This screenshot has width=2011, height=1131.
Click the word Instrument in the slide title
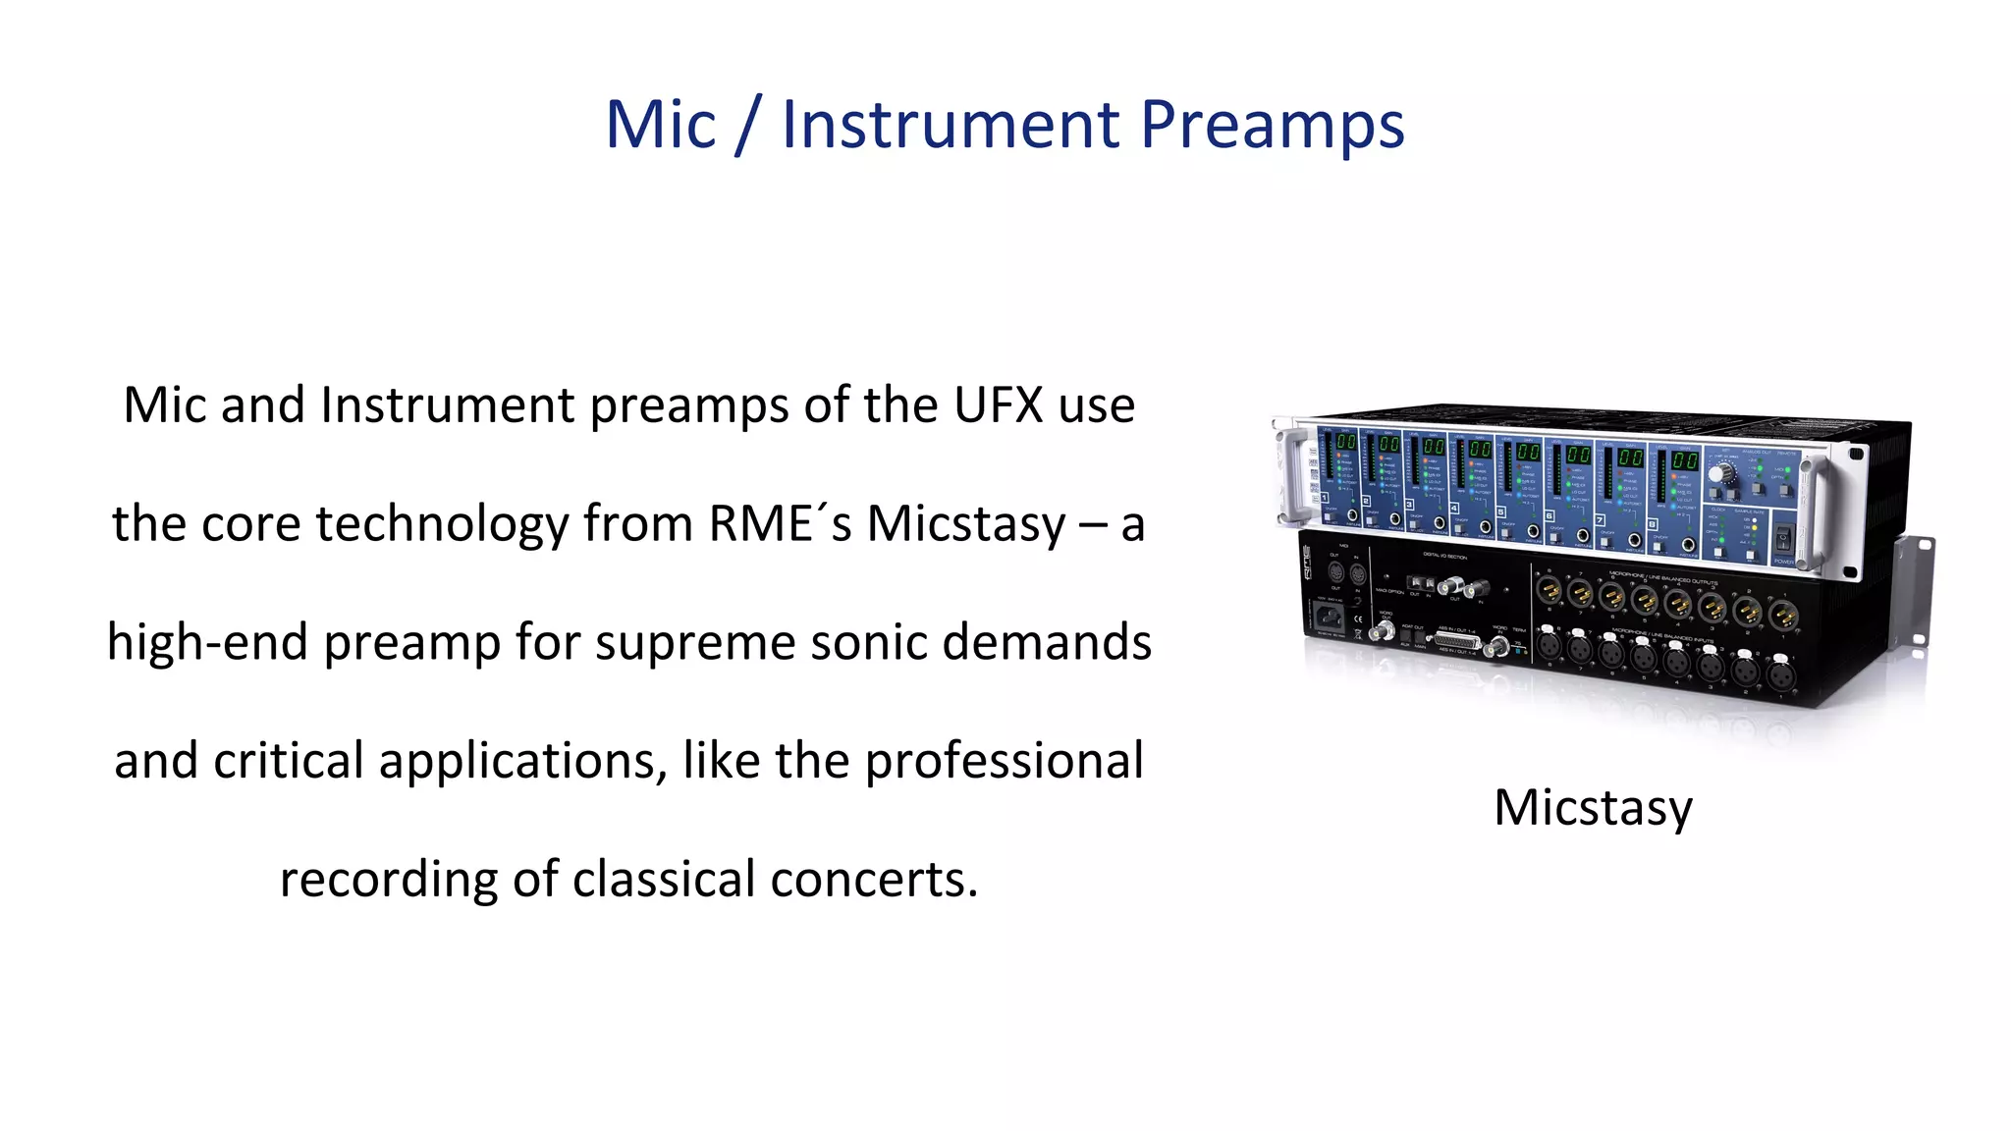[950, 126]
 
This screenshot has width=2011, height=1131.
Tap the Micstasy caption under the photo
[1593, 808]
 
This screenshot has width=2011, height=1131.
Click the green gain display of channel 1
[1345, 443]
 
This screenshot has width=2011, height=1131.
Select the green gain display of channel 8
[1685, 459]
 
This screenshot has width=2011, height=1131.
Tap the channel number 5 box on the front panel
[1500, 512]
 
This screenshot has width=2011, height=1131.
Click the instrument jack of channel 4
[1485, 527]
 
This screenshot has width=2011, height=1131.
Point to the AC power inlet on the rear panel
[1329, 617]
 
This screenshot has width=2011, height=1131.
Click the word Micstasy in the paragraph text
[965, 524]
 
